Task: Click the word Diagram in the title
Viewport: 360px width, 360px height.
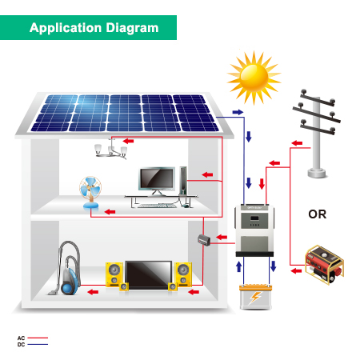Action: pyautogui.click(x=132, y=28)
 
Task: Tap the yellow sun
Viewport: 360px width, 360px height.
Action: pyautogui.click(x=254, y=78)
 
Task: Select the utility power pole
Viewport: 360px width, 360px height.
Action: pyautogui.click(x=317, y=134)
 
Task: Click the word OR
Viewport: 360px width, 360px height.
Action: pyautogui.click(x=318, y=214)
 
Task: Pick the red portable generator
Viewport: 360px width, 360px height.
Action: pyautogui.click(x=324, y=264)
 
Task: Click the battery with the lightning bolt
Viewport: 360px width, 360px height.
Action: pyautogui.click(x=255, y=297)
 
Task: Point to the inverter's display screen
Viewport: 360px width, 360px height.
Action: pyautogui.click(x=254, y=218)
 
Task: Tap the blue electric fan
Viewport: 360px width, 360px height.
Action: pyautogui.click(x=90, y=192)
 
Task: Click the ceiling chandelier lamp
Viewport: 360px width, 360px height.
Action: pyautogui.click(x=111, y=150)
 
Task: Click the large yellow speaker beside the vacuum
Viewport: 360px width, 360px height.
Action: pyautogui.click(x=114, y=274)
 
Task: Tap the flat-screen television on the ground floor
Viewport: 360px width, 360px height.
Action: pyautogui.click(x=149, y=275)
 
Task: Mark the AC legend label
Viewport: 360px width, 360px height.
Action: pyautogui.click(x=21, y=338)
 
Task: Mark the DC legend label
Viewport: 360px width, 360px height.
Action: pyautogui.click(x=21, y=345)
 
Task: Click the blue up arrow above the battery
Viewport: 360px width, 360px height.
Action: pyautogui.click(x=239, y=266)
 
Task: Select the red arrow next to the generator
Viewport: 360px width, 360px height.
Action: pyautogui.click(x=296, y=271)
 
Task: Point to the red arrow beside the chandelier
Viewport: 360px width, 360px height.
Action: pyautogui.click(x=129, y=141)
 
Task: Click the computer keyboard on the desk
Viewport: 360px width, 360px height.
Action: pyautogui.click(x=157, y=206)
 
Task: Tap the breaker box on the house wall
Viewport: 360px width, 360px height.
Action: pyautogui.click(x=204, y=240)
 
